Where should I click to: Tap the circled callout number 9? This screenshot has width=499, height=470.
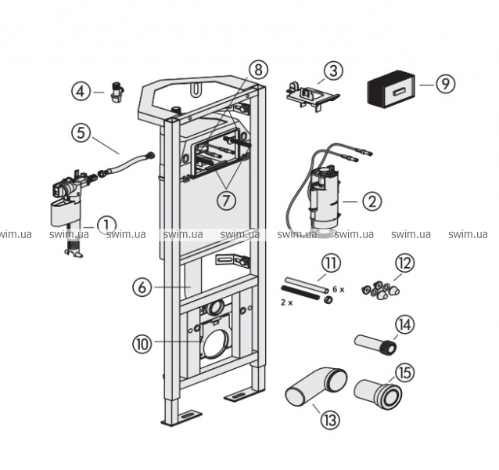tap(445, 83)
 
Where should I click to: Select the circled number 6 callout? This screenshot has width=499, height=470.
tap(143, 287)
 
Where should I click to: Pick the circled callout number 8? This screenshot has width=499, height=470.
tap(260, 69)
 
